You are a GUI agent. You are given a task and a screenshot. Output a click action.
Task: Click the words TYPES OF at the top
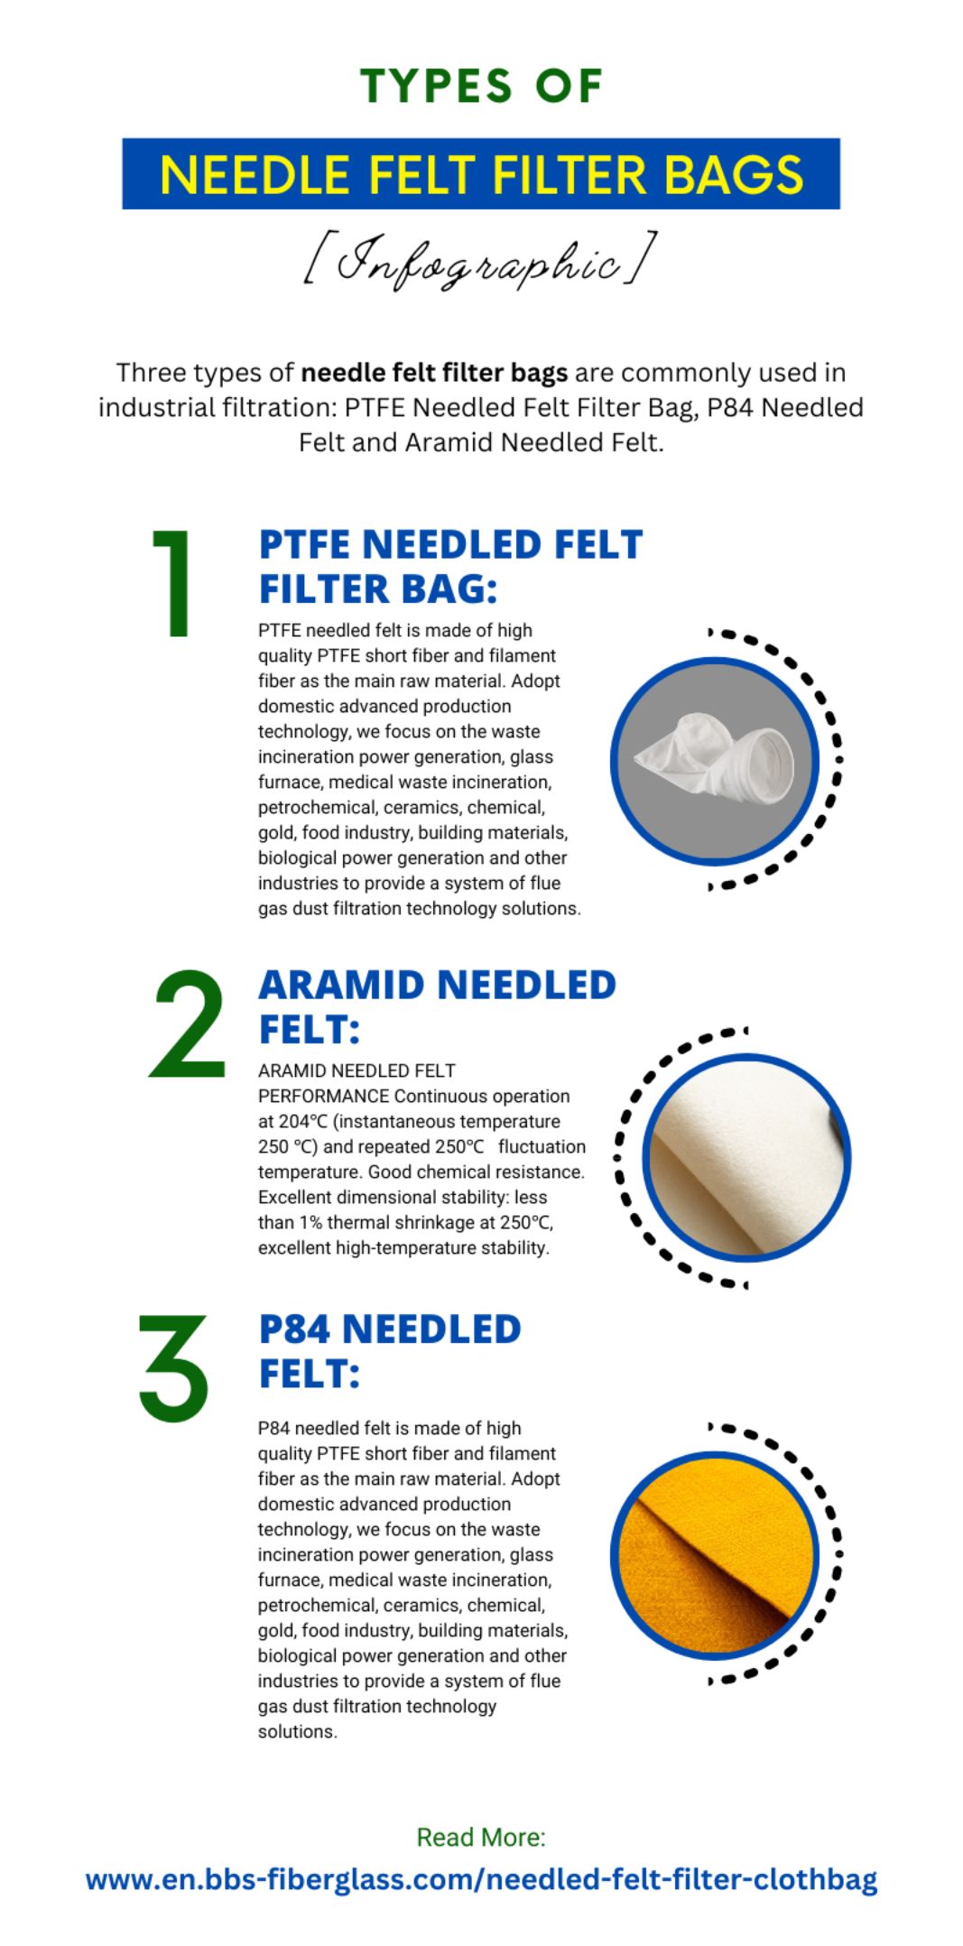(481, 87)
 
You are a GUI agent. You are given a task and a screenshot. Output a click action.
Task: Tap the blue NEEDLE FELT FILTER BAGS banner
(481, 173)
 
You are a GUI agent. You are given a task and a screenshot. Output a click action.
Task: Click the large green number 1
(174, 583)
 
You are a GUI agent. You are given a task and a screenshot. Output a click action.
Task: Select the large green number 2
(188, 1024)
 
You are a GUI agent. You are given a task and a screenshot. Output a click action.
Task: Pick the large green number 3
(173, 1368)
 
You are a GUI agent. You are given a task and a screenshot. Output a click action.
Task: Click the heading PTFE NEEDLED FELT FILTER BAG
(450, 567)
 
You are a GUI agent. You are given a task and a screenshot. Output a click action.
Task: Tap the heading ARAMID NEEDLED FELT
(437, 1006)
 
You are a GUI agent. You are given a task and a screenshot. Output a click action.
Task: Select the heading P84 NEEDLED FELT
(390, 1351)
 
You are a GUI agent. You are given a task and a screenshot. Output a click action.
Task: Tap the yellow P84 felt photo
(716, 1555)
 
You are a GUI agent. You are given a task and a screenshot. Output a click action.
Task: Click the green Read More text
(481, 1837)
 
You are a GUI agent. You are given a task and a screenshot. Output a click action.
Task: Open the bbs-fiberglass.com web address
(481, 1879)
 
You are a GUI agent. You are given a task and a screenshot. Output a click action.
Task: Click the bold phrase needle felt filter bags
(434, 373)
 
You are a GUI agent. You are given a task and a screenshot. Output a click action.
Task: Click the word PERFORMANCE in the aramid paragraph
(323, 1096)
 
